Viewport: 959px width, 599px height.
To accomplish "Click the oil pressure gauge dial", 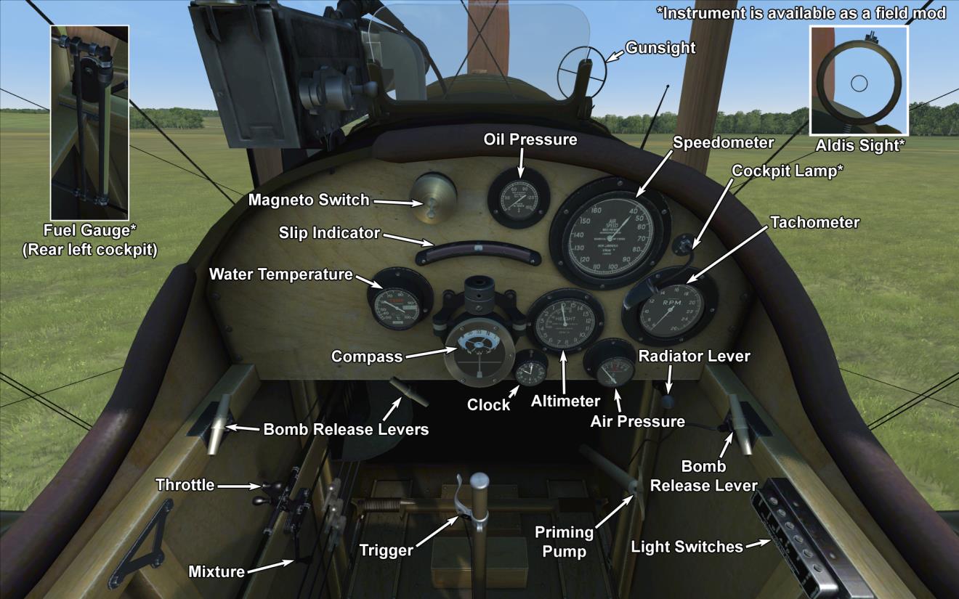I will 519,201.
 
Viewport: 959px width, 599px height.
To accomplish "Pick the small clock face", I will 531,372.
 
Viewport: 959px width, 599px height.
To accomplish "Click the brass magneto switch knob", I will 432,198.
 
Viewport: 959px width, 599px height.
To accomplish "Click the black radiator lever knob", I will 668,401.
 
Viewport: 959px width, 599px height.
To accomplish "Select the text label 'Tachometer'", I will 814,222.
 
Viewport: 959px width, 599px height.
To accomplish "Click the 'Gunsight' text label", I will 660,48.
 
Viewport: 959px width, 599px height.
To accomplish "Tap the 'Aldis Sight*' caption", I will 860,145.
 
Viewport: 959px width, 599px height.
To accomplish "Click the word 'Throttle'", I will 185,485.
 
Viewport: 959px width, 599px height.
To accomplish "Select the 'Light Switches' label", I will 687,547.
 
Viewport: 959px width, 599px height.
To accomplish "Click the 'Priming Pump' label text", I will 565,542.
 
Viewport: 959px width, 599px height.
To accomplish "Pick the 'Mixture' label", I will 217,571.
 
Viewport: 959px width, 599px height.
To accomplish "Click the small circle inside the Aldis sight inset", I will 859,83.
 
